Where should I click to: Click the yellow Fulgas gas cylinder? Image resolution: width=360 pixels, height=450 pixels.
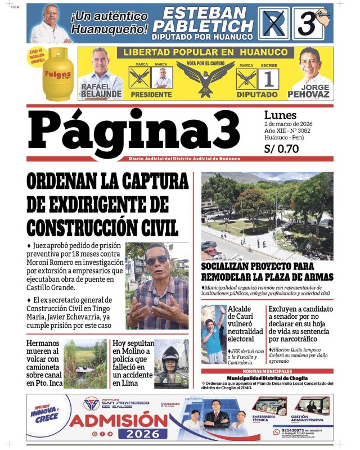58,74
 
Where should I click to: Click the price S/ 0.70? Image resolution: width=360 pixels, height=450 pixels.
281,149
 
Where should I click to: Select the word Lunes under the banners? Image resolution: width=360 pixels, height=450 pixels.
280,115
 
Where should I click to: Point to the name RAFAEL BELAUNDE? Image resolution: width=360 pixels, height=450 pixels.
101,91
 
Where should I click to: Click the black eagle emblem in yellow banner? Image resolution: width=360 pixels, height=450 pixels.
205,76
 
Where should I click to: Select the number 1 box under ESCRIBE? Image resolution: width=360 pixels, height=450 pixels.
268,79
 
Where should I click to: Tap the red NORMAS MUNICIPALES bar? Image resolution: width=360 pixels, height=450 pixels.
267,371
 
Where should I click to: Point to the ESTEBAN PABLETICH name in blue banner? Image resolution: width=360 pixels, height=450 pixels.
204,19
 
